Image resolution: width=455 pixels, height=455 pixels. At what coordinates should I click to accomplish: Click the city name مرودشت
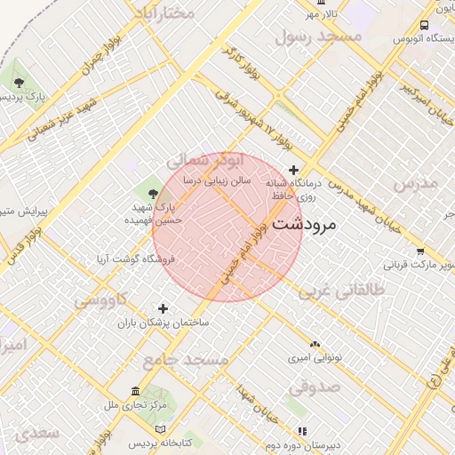[x=305, y=225]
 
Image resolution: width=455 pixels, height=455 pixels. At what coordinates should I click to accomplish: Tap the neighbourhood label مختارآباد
[x=164, y=12]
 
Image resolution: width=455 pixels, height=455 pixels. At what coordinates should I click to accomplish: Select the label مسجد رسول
[x=318, y=36]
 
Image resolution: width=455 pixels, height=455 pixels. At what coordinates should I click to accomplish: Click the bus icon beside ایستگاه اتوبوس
[x=424, y=26]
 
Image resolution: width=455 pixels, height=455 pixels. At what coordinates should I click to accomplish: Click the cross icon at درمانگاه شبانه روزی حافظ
[x=294, y=170]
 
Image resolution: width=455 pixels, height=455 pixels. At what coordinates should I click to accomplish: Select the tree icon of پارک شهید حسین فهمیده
[x=154, y=193]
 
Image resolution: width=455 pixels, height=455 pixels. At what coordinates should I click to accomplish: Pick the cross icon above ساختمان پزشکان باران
[x=162, y=309]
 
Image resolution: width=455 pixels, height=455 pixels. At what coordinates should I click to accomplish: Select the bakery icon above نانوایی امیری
[x=314, y=343]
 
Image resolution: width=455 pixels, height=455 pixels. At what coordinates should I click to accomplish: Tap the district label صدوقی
[x=314, y=386]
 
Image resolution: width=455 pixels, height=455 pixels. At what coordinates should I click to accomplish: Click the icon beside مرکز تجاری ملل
[x=135, y=392]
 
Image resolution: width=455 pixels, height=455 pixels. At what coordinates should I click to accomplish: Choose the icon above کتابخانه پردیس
[x=160, y=429]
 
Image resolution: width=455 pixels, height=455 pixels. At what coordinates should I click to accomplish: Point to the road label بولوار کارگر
[x=240, y=64]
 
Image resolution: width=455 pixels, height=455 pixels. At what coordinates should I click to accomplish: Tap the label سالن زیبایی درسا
[x=217, y=180]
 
